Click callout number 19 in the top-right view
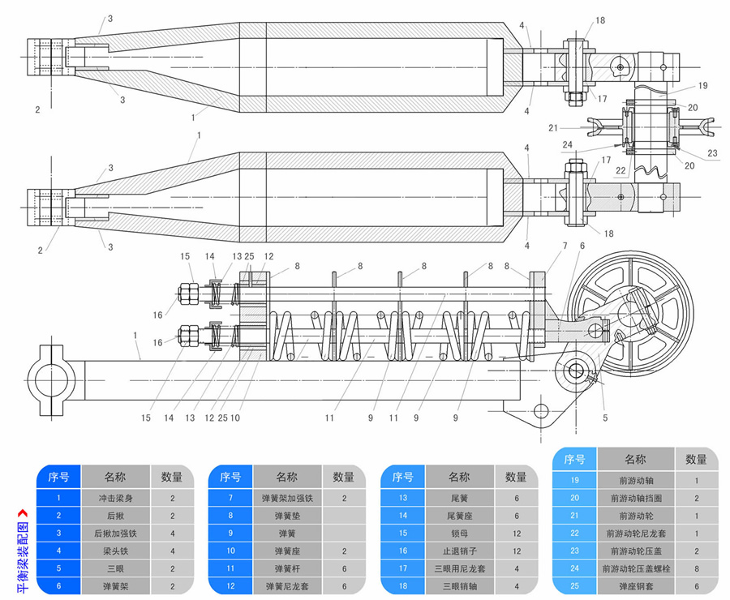(x=702, y=84)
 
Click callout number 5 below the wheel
(x=604, y=418)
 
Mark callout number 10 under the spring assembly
(x=235, y=418)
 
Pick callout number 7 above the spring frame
(x=565, y=245)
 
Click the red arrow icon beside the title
(x=21, y=512)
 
